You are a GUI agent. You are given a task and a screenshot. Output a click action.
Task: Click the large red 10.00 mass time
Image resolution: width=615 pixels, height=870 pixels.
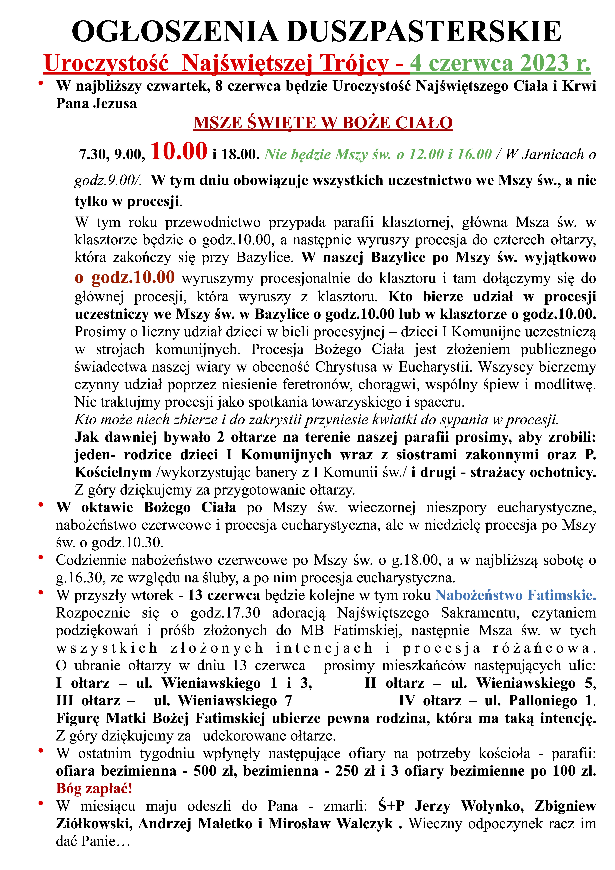tap(179, 151)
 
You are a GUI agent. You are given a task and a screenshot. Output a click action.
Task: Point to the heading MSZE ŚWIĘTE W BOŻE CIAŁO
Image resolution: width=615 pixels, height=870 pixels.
tap(323, 123)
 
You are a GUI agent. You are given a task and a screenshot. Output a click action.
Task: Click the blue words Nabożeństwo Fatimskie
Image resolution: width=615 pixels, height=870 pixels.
tap(515, 595)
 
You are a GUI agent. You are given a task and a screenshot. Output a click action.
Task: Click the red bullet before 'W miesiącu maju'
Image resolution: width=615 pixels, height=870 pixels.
tap(41, 802)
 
